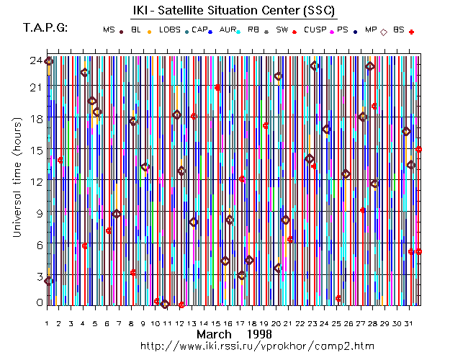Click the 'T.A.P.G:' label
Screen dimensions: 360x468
coord(45,28)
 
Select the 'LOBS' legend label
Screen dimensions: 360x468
coord(170,30)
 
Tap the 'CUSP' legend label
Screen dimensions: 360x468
coord(314,30)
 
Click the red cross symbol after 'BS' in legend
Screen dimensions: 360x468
coord(411,32)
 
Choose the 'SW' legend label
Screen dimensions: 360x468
coord(282,30)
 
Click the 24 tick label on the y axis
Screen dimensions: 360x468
coord(35,60)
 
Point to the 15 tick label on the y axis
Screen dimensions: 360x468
coord(35,150)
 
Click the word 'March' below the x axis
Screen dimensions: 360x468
coord(214,335)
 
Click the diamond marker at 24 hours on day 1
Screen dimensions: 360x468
coord(48,61)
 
